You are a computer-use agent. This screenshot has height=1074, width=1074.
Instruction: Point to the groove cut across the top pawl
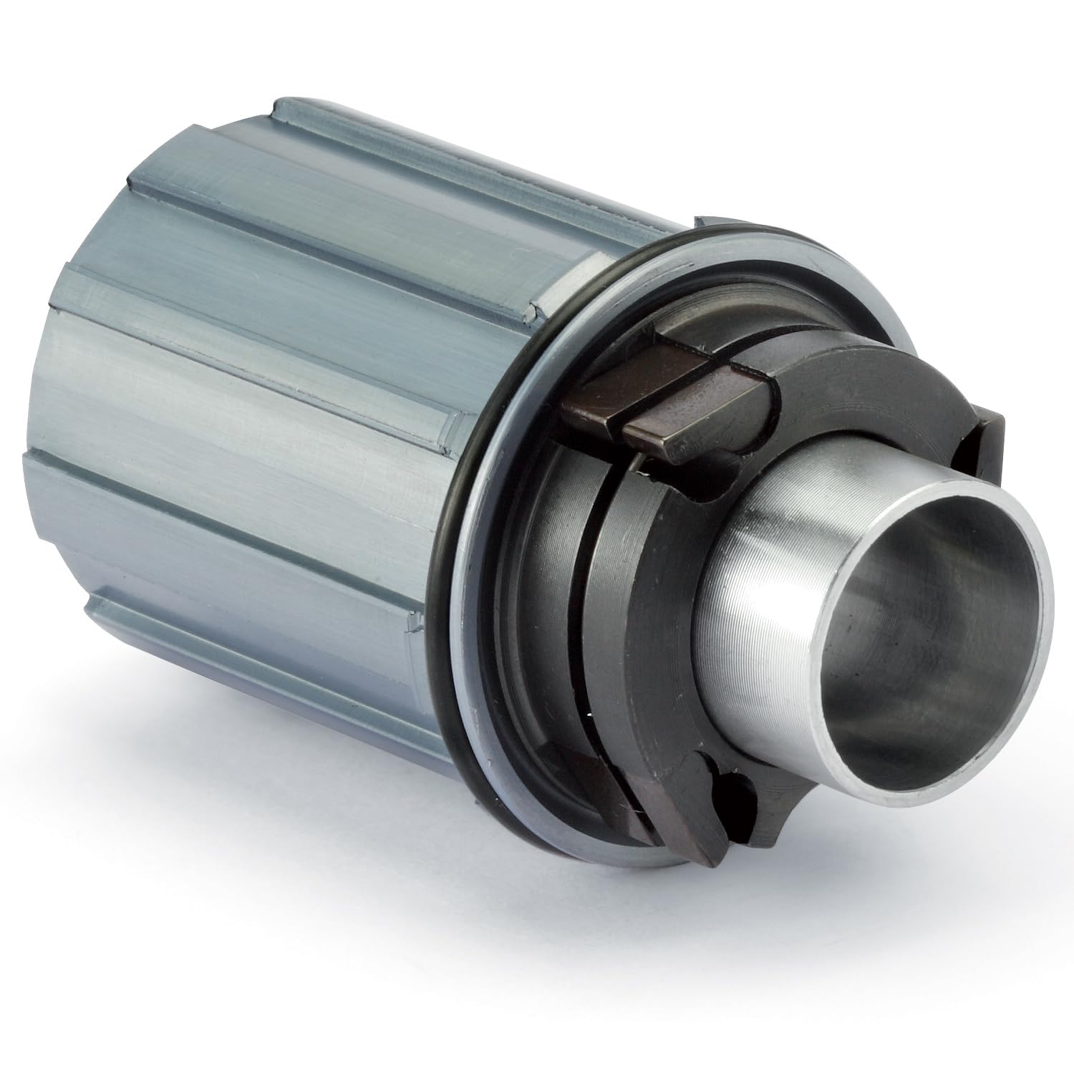[623, 422]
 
